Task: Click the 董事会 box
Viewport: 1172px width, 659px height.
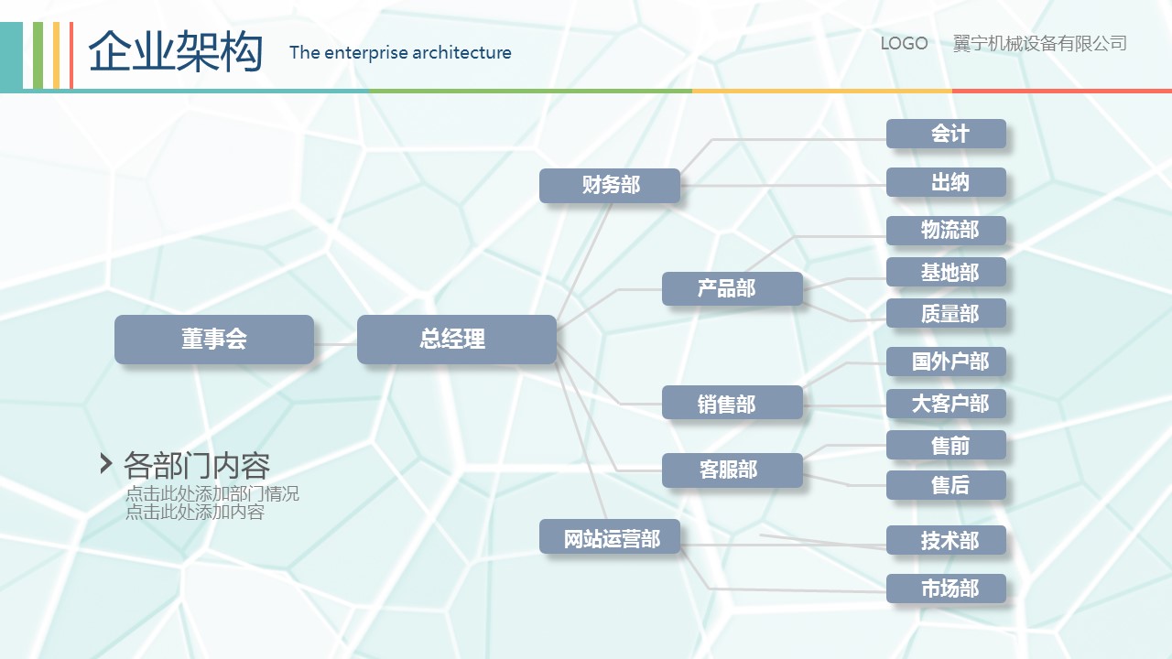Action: pos(214,340)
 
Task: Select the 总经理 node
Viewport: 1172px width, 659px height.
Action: pos(457,340)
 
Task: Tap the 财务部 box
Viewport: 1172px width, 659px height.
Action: pos(610,186)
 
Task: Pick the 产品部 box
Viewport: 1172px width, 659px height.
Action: pos(732,288)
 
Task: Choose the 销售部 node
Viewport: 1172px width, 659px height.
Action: pos(732,402)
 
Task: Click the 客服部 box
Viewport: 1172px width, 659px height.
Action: pos(732,470)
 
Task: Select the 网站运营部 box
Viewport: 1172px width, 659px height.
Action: pos(610,536)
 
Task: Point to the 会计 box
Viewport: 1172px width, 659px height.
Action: pos(946,134)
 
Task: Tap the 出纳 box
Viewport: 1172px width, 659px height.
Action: pos(946,182)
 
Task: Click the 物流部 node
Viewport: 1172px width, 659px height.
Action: pos(946,231)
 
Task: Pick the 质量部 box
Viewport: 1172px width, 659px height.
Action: pos(946,313)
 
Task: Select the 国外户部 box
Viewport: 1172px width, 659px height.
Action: pos(946,362)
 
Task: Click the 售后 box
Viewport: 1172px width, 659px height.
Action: pos(946,485)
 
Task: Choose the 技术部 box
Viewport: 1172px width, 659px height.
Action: pos(946,540)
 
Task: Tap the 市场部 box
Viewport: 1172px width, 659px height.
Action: pos(946,589)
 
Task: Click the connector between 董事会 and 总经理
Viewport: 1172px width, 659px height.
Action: pos(335,344)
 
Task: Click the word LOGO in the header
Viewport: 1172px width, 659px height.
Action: pos(904,43)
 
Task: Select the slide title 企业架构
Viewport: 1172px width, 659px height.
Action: pos(175,51)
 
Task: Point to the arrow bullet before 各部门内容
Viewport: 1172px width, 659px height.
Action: pos(105,464)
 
